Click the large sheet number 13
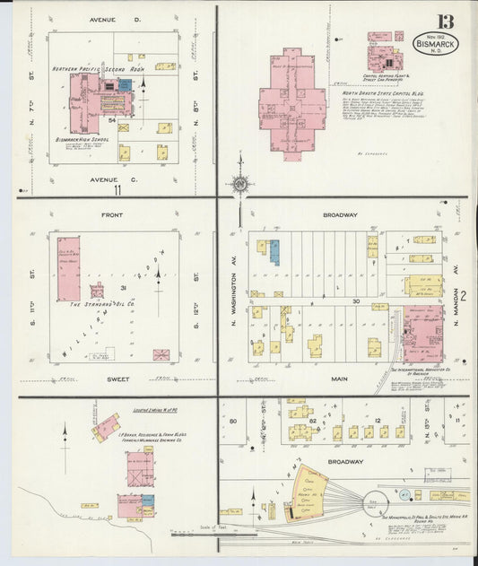pos(445,22)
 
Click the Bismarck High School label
pos(82,140)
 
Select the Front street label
pos(111,215)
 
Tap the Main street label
pos(339,379)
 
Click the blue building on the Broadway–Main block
pos(274,252)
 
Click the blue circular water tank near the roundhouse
pos(404,494)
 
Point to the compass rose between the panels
pos(239,184)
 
